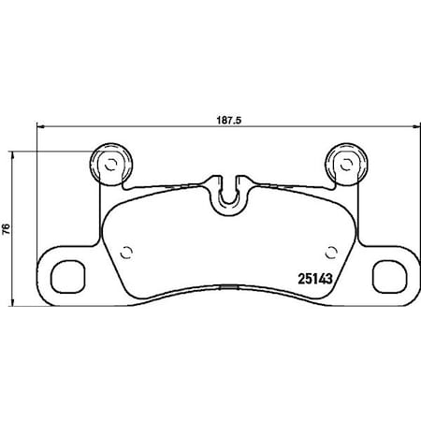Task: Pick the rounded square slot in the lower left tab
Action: tap(66, 277)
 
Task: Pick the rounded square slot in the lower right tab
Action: tap(385, 277)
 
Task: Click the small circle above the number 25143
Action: tap(331, 249)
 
